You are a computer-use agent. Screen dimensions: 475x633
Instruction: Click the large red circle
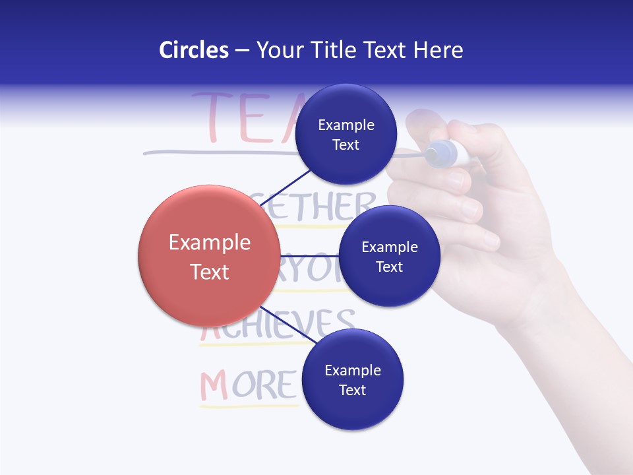pos(209,256)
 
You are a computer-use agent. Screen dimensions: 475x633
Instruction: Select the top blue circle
pos(346,135)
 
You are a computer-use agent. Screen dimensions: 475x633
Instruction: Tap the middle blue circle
pos(389,256)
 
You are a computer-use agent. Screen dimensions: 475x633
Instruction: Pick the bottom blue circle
pos(352,379)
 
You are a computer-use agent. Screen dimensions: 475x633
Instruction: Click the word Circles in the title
pos(193,50)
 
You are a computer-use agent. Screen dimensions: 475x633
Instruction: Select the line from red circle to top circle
pos(287,187)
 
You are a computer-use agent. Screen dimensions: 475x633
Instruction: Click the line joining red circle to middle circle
pos(309,256)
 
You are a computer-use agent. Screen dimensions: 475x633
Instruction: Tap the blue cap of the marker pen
pos(441,154)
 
